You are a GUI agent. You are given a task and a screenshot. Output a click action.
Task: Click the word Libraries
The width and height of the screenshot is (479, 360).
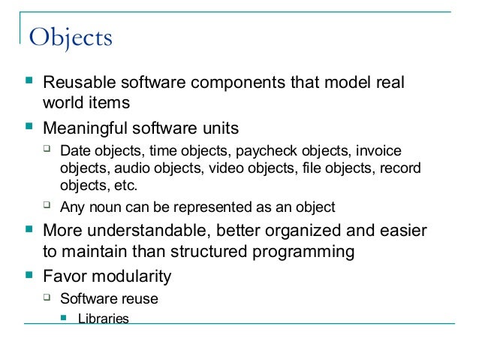coord(104,319)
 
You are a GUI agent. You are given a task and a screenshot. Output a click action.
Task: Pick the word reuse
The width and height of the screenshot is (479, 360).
coord(140,298)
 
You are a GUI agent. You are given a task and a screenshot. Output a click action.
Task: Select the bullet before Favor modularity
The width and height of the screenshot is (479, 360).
coord(28,274)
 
